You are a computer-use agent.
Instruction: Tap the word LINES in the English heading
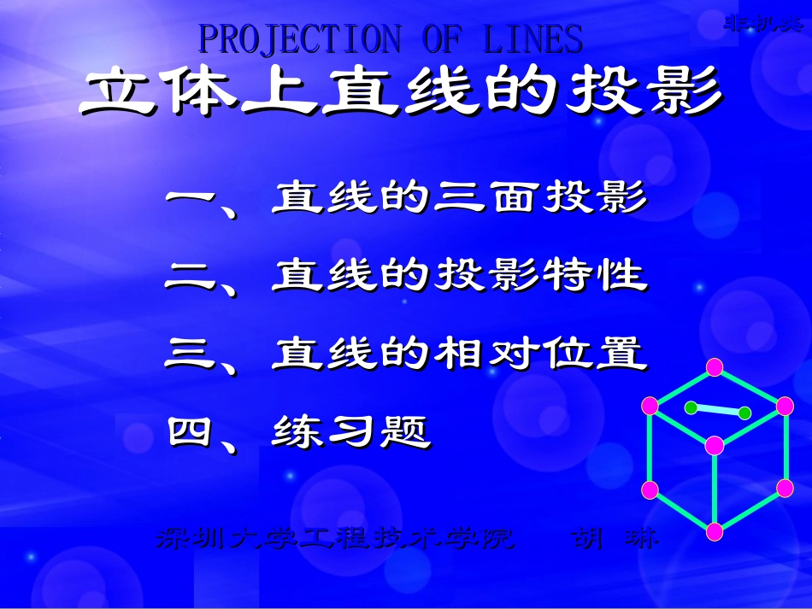pos(533,39)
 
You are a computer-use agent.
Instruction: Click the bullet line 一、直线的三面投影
pos(406,201)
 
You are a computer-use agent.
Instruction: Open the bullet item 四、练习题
pos(299,431)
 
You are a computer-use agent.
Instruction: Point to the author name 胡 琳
pos(614,539)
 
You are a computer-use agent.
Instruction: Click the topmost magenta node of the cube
pos(715,368)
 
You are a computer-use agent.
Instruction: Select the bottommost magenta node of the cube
pos(715,531)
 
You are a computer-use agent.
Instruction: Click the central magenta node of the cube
pos(715,445)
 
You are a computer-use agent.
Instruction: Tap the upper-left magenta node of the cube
pos(650,404)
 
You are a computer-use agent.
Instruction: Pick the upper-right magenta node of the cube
pos(785,405)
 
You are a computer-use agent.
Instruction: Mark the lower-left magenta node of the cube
pos(650,489)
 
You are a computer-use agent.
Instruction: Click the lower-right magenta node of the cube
pos(785,489)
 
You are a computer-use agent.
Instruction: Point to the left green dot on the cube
pos(690,407)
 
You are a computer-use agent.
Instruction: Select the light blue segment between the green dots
pos(717,410)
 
